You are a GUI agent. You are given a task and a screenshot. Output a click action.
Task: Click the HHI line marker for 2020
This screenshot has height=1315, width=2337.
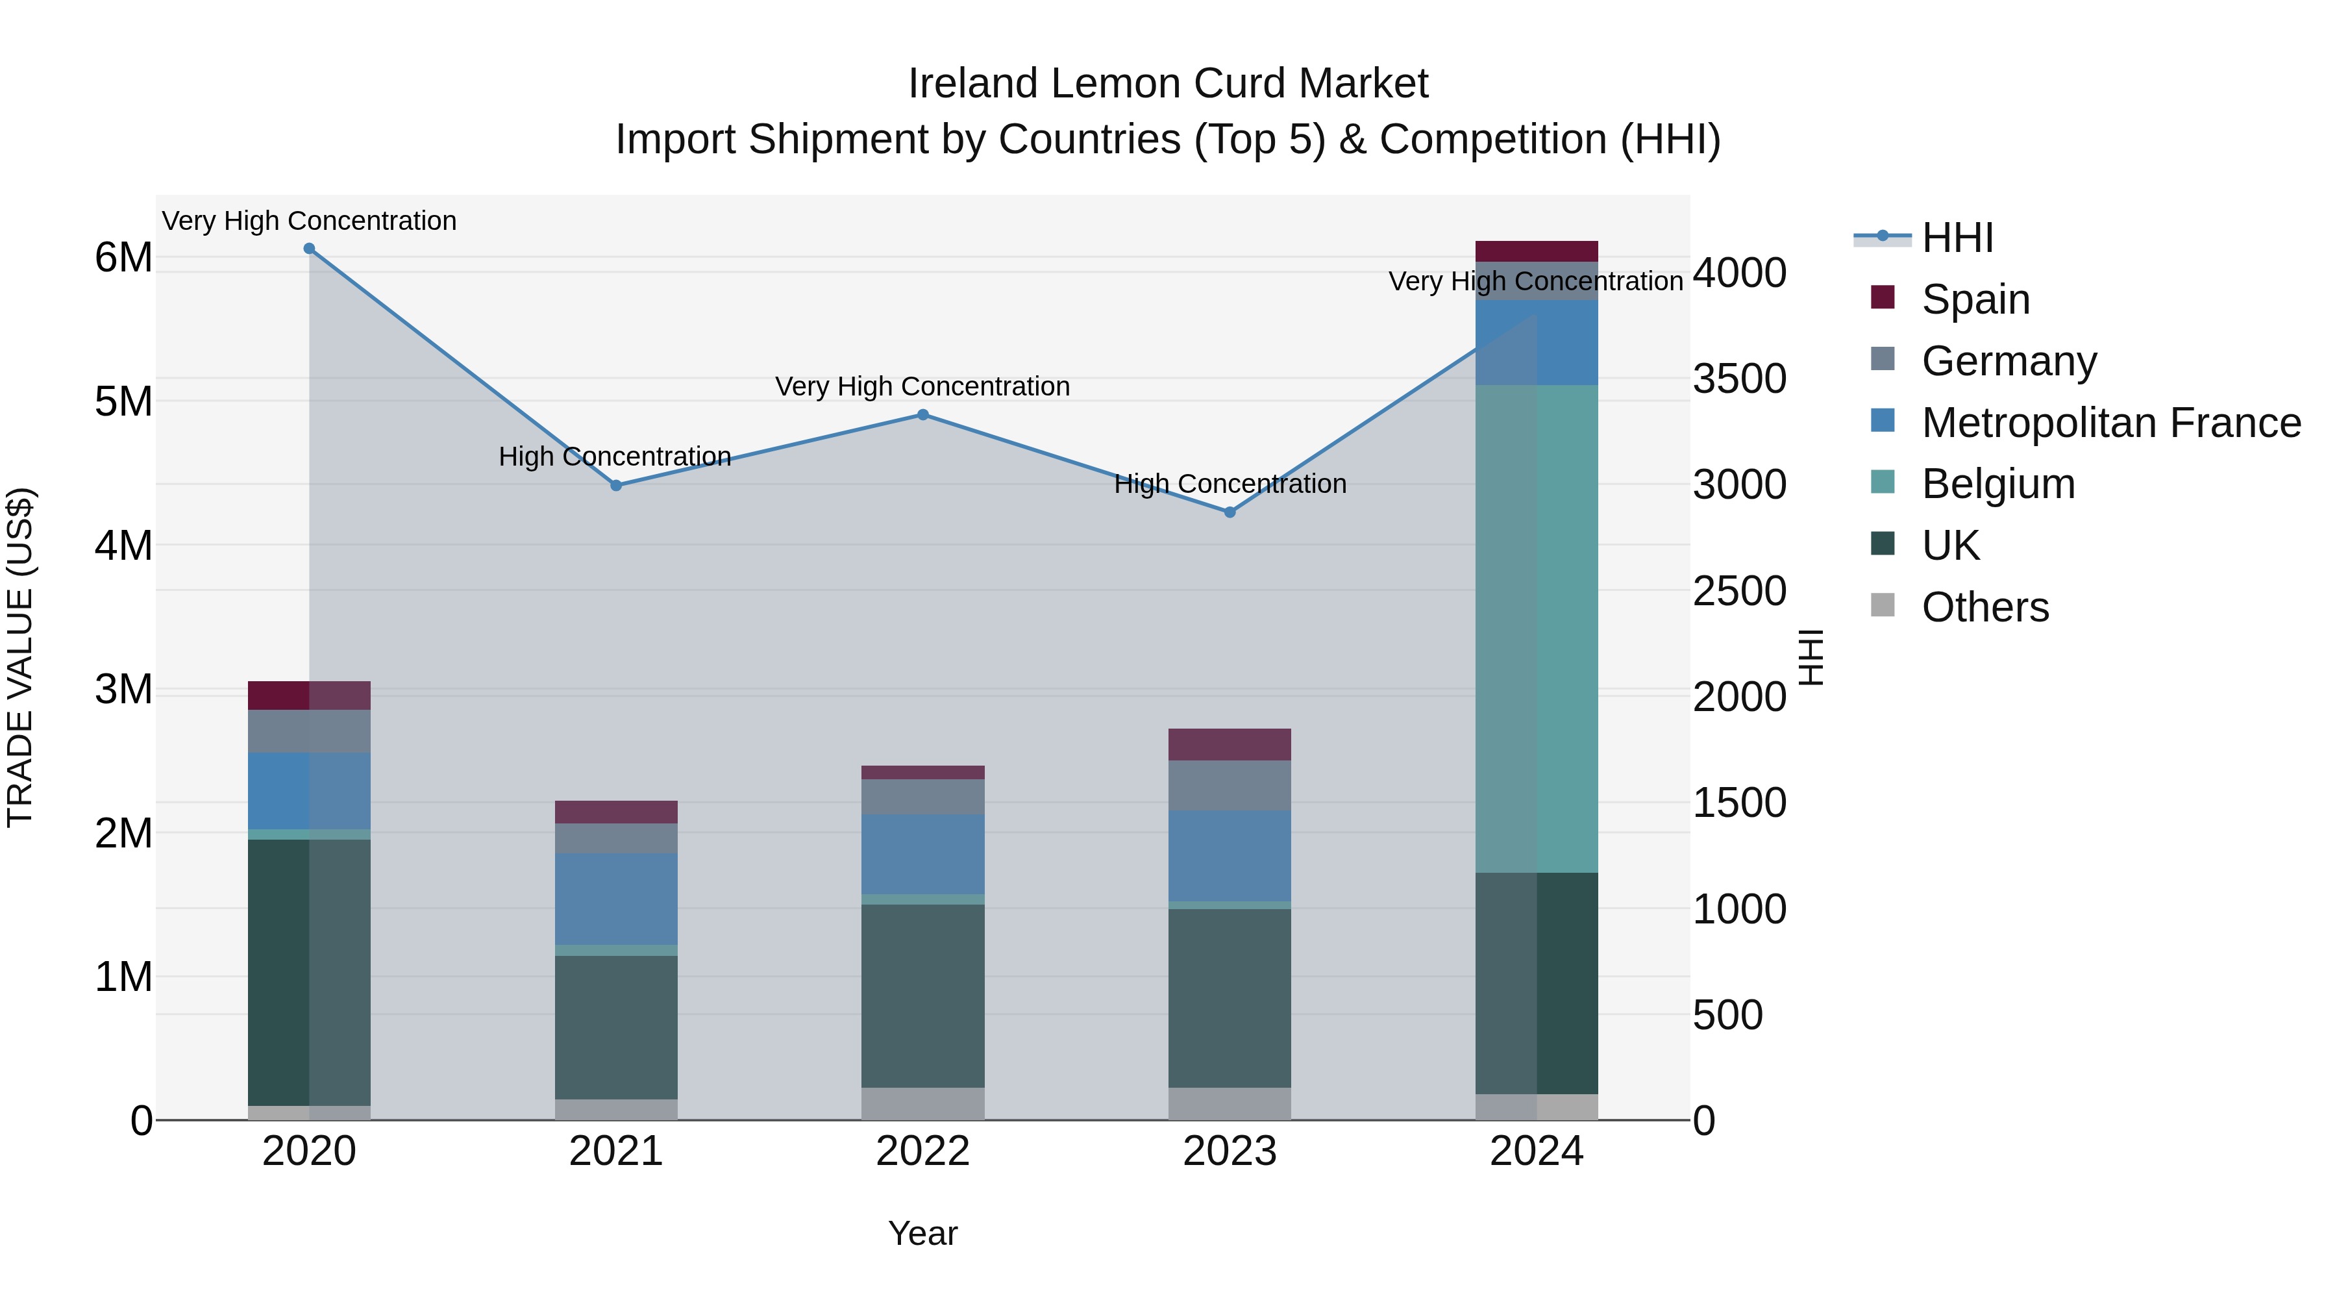click(310, 249)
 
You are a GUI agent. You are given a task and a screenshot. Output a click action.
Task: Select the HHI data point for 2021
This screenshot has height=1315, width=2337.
click(616, 486)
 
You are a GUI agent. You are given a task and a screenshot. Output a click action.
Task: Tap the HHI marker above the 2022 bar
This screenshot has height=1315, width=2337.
click(922, 415)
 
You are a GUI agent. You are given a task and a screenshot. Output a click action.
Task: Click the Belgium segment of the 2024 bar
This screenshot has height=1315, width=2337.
click(1536, 628)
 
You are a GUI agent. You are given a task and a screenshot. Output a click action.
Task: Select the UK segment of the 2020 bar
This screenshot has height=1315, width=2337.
click(310, 971)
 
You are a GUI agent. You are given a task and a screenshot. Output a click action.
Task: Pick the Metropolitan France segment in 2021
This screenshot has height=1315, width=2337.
click(616, 899)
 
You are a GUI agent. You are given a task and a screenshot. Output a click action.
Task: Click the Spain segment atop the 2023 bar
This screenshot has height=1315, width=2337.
click(1230, 744)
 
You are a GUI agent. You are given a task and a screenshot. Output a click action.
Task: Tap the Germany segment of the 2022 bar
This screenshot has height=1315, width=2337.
click(922, 797)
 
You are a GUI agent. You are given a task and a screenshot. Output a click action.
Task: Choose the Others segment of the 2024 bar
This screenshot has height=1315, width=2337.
click(1536, 1107)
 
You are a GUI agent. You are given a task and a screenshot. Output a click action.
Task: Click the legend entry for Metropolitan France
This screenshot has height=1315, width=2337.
click(2110, 423)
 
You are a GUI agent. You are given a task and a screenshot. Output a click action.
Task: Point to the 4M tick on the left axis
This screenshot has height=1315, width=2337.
click(123, 545)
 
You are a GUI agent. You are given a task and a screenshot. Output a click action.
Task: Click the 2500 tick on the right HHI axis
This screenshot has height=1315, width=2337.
click(1739, 591)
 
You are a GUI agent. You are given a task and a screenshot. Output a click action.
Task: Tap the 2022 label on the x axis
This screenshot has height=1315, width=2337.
click(922, 1151)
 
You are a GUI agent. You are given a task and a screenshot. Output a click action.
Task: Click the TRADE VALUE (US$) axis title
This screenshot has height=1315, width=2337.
click(20, 657)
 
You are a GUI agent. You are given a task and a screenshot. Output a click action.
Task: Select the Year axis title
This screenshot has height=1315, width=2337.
click(922, 1233)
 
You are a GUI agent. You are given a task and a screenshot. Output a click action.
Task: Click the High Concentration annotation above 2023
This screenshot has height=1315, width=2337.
click(1230, 484)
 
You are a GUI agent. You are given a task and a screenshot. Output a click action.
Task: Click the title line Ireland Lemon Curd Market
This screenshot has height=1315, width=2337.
click(1168, 84)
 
